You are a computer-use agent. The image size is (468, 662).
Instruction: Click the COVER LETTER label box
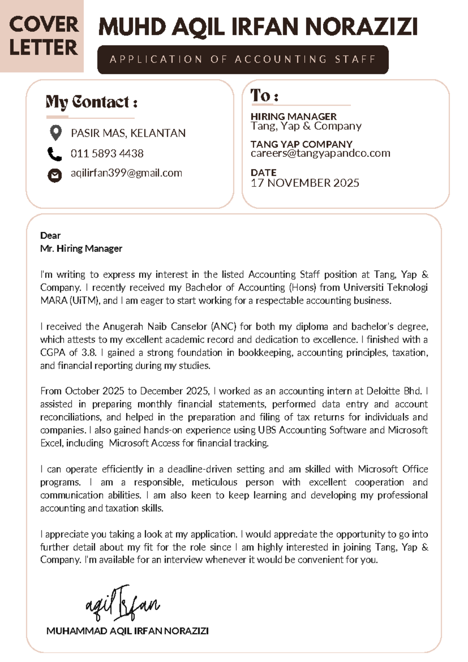point(42,36)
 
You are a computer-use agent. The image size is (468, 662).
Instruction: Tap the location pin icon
point(56,133)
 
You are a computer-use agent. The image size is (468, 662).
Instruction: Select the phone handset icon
point(55,154)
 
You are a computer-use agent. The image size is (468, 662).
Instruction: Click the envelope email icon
point(55,175)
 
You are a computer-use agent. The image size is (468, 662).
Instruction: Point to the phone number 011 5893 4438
point(107,154)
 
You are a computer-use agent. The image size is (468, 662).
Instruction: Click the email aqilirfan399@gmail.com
point(126,173)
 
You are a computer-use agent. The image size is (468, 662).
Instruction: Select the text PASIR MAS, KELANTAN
point(128,133)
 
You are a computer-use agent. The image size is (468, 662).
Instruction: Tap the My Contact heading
point(91,103)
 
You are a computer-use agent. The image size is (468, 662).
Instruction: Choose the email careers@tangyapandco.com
point(320,153)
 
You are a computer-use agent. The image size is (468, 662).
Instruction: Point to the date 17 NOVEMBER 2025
point(305,183)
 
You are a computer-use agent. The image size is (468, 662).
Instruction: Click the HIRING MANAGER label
point(293,117)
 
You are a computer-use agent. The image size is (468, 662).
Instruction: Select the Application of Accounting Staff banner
point(243,60)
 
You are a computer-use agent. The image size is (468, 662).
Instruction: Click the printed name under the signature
point(127,631)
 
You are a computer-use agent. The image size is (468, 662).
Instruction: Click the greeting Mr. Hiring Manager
point(81,249)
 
